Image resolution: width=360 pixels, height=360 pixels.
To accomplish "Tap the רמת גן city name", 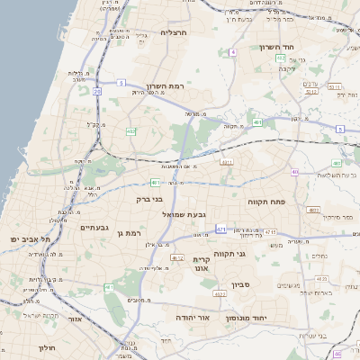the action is click(x=130, y=234).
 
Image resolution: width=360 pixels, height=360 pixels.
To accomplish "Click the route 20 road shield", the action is click(x=96, y=91).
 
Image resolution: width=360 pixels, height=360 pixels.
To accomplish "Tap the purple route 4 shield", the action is click(x=232, y=52).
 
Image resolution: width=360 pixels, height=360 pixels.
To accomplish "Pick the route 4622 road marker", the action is click(x=220, y=294).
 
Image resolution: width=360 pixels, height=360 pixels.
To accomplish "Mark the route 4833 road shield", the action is click(x=312, y=211).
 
